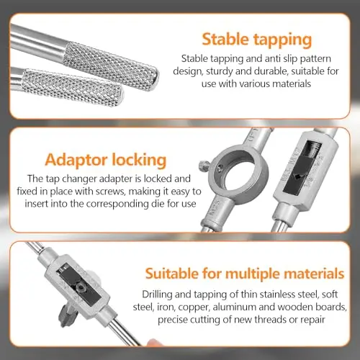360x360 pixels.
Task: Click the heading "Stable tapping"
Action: tap(257, 40)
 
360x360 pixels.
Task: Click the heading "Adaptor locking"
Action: tap(106, 160)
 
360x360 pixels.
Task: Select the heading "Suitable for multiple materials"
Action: tap(245, 274)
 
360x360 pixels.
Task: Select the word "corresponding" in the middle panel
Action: tap(117, 204)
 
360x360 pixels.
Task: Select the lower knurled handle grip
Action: tap(73, 88)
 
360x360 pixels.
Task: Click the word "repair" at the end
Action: tap(313, 320)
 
